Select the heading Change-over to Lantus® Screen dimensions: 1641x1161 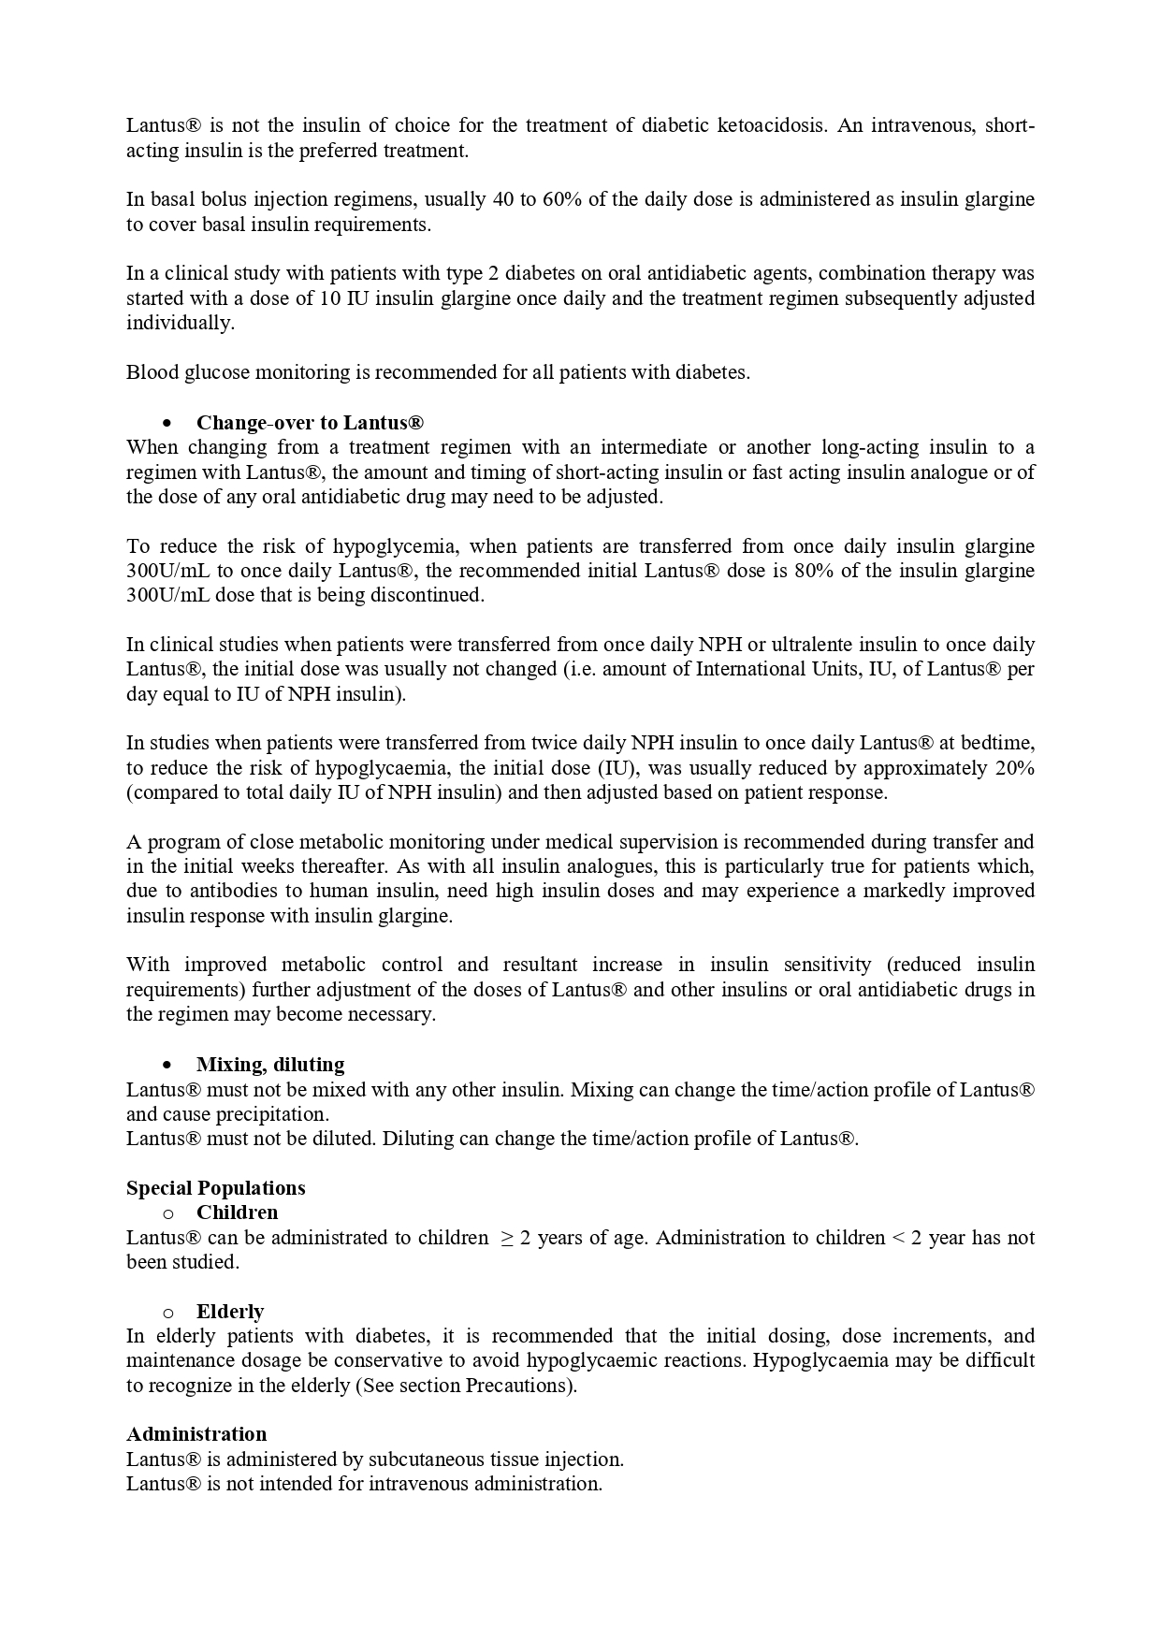310,423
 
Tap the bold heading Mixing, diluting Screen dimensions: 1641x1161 270,1065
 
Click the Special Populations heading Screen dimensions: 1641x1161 216,1188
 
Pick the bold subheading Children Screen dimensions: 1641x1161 237,1213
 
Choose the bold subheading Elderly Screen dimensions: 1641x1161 230,1312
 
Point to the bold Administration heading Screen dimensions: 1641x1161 196,1434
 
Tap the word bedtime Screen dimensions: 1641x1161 998,743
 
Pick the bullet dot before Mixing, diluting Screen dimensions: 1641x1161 167,1065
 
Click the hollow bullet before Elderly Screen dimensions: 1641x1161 168,1313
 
